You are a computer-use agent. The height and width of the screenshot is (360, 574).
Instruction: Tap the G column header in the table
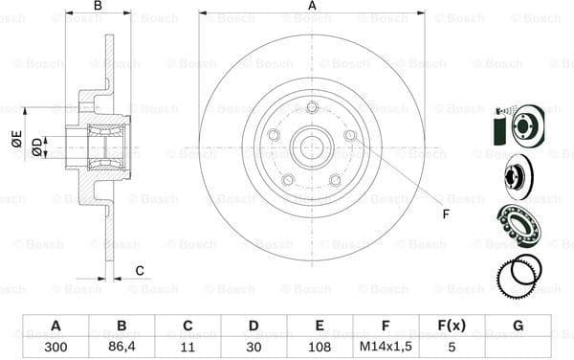click(518, 326)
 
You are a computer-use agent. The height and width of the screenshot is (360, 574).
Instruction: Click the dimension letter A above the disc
click(312, 7)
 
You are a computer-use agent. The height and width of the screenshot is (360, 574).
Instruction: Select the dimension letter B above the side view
click(97, 7)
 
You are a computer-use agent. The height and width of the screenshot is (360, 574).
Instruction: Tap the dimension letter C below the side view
click(139, 270)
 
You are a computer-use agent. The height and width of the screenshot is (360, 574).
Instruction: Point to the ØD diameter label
click(36, 146)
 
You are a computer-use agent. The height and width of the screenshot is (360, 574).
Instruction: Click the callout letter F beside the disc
click(445, 213)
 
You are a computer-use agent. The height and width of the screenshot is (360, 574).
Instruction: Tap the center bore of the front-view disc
click(312, 148)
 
